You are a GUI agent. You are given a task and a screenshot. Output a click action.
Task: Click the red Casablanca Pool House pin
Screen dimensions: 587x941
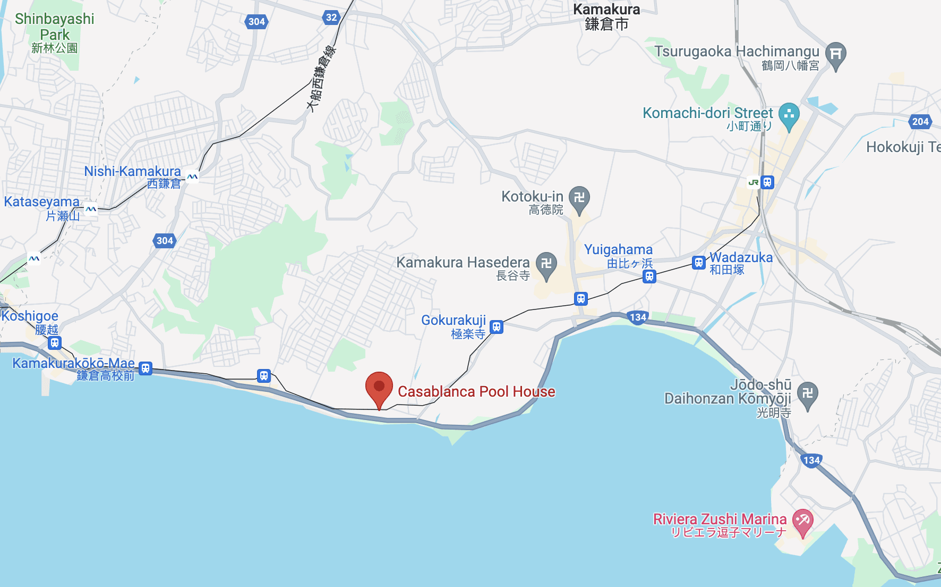pyautogui.click(x=379, y=387)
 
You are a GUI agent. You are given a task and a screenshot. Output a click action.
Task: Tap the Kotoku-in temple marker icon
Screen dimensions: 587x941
pyautogui.click(x=579, y=198)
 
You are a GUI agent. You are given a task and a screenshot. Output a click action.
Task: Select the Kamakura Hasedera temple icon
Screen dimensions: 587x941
pyautogui.click(x=546, y=264)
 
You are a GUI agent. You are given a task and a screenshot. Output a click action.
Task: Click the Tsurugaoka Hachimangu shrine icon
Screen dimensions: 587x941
pyautogui.click(x=836, y=54)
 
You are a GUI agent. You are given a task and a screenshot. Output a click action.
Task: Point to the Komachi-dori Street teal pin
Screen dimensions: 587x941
pyautogui.click(x=789, y=114)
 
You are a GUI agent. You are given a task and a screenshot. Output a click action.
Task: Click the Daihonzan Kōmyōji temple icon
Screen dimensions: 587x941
pyautogui.click(x=807, y=393)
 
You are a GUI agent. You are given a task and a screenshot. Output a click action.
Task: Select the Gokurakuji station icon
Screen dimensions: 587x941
pyautogui.click(x=497, y=326)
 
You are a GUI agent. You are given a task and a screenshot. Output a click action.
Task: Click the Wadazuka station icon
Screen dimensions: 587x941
pyautogui.click(x=699, y=263)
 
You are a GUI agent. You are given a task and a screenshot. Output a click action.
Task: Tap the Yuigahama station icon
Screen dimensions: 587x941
pyautogui.click(x=649, y=276)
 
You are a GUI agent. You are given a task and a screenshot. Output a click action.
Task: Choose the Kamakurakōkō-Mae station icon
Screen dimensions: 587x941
pyautogui.click(x=146, y=368)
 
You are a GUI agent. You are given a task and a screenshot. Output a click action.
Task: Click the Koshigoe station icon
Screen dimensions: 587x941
pyautogui.click(x=54, y=343)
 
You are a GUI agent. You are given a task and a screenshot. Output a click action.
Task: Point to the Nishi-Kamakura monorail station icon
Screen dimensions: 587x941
pyautogui.click(x=192, y=177)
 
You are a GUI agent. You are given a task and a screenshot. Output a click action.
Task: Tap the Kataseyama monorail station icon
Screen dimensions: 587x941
pyautogui.click(x=91, y=209)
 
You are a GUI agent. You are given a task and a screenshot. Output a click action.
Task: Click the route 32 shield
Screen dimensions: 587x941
pyautogui.click(x=331, y=18)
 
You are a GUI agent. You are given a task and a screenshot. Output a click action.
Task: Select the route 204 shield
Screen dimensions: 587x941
pyautogui.click(x=920, y=121)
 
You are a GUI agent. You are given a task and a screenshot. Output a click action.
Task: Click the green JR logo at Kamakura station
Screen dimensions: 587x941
pyautogui.click(x=753, y=182)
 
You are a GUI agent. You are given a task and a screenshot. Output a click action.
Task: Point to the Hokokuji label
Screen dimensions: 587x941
pyautogui.click(x=903, y=147)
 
